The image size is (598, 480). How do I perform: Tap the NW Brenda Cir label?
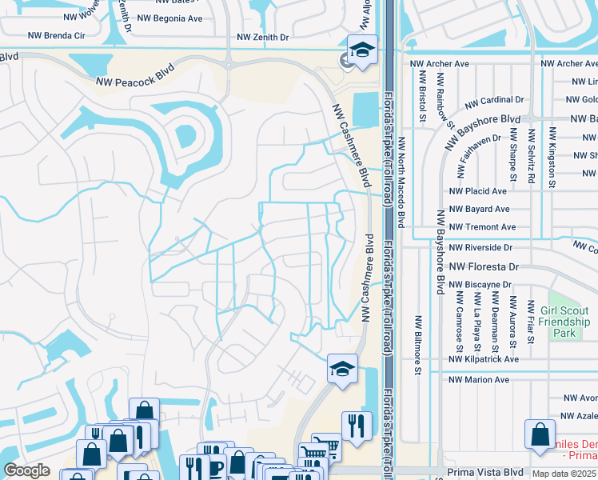[56, 35]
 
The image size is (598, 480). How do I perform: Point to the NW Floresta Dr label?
[484, 266]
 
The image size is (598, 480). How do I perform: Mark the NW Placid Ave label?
[477, 192]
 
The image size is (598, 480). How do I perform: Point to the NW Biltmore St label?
[417, 344]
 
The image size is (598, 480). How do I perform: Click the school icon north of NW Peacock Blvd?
[362, 50]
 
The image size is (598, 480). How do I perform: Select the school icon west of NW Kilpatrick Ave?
[342, 370]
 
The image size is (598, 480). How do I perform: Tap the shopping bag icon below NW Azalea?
[540, 434]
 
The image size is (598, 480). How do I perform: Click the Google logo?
[27, 470]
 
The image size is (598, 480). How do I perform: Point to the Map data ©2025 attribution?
[564, 474]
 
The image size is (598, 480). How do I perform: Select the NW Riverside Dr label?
[480, 247]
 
